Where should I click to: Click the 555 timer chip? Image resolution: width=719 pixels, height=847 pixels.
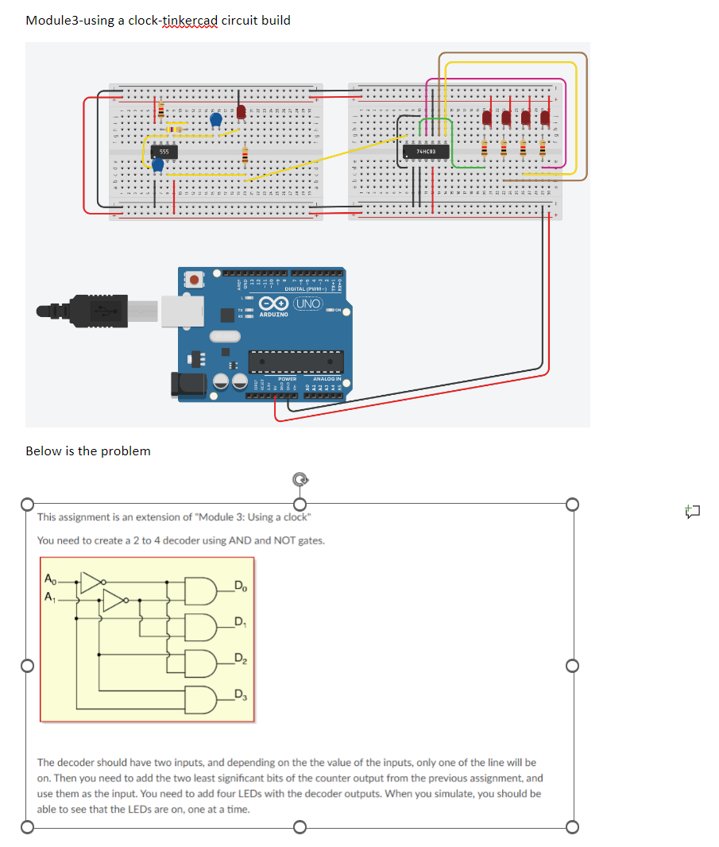(164, 150)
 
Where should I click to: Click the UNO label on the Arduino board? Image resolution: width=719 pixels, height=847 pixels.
(307, 304)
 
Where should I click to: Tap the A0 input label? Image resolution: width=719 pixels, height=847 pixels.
(51, 578)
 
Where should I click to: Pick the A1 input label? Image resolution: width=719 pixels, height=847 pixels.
(51, 597)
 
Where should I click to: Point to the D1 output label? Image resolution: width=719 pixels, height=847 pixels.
(240, 622)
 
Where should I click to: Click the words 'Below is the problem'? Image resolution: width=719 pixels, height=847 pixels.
(88, 451)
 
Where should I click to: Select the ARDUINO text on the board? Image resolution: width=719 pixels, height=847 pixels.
(273, 315)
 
